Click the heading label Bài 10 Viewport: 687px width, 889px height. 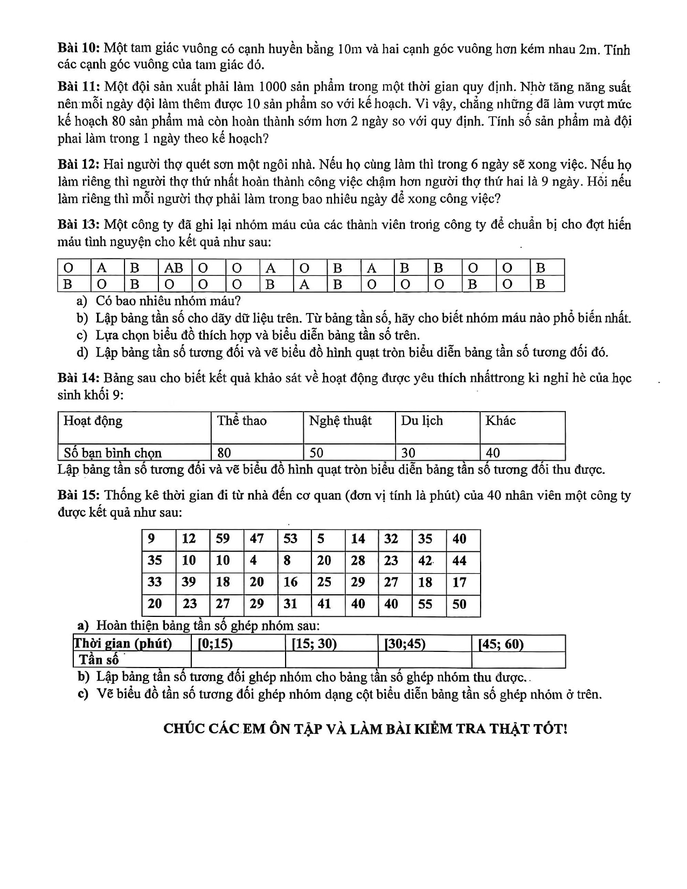pos(78,49)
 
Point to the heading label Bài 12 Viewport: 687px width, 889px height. pos(78,164)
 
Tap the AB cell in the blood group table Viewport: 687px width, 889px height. pos(174,268)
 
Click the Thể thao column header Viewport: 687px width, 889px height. pos(242,421)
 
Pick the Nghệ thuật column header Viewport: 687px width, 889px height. pos(340,421)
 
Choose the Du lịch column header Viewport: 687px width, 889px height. pos(421,421)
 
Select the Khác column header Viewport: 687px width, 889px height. pos(500,421)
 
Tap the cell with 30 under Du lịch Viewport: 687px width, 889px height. pos(408,453)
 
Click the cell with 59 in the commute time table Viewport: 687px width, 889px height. pos(223,539)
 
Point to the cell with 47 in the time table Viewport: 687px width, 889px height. pos(257,539)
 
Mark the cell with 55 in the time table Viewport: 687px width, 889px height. pos(425,604)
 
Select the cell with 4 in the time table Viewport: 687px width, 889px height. pos(253,560)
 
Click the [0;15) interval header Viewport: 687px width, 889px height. pos(215,644)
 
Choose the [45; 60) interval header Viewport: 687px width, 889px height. pos(501,644)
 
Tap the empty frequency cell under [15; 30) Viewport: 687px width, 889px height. pos(331,660)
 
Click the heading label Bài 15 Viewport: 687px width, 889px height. pos(78,495)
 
